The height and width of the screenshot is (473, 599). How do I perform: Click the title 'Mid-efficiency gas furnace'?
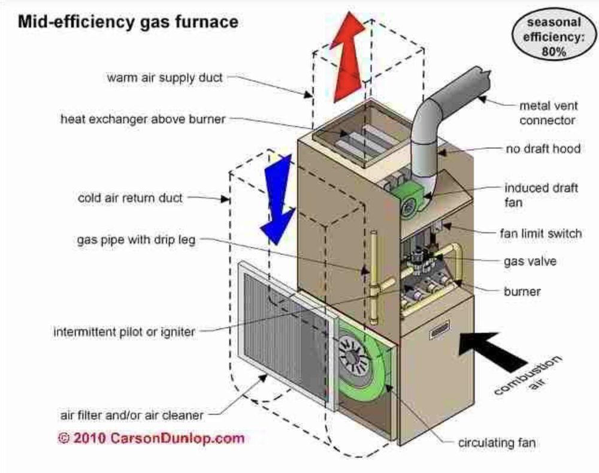tap(128, 22)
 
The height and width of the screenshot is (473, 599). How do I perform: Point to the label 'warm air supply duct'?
tap(165, 77)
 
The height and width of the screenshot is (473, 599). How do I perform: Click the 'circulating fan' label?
tap(497, 443)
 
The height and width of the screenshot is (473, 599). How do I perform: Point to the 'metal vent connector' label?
tap(548, 113)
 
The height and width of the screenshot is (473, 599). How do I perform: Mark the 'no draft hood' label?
tap(542, 147)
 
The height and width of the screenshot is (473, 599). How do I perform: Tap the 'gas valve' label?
tap(531, 261)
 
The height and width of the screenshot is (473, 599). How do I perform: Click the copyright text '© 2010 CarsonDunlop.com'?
tap(151, 438)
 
